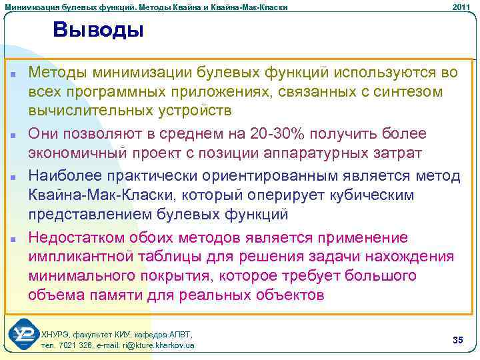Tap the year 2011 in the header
pyautogui.click(x=461, y=7)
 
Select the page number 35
pyautogui.click(x=457, y=341)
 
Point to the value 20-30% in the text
pyautogui.click(x=273, y=133)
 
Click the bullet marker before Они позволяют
pyautogui.click(x=13, y=135)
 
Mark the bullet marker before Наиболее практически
pyautogui.click(x=13, y=177)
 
